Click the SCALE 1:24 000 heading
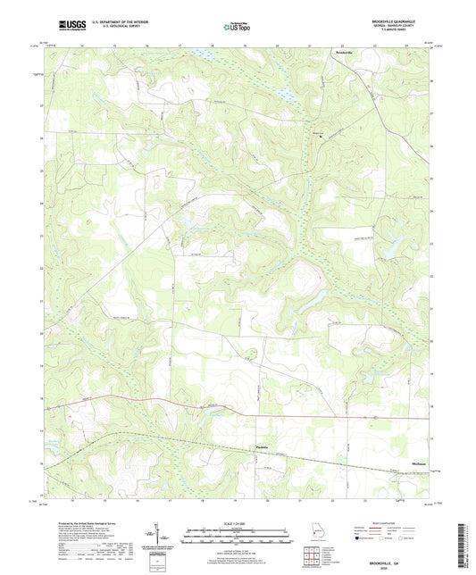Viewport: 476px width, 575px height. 237,523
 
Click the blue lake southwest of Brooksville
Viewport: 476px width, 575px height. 288,91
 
